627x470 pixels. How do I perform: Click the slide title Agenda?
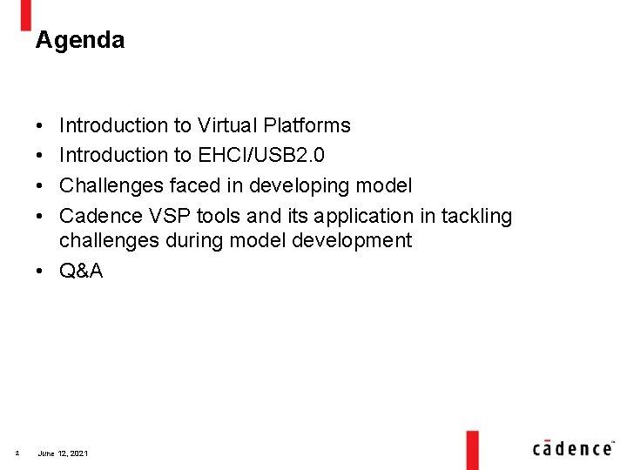79,40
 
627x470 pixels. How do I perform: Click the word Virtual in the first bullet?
223,126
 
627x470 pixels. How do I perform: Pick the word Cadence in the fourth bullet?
99,215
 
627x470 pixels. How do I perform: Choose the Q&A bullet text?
81,271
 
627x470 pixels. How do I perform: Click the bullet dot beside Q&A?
41,271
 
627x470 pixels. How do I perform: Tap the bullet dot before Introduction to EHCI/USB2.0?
41,156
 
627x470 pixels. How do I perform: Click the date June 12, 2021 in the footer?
63,453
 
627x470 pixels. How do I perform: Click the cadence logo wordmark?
572,447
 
